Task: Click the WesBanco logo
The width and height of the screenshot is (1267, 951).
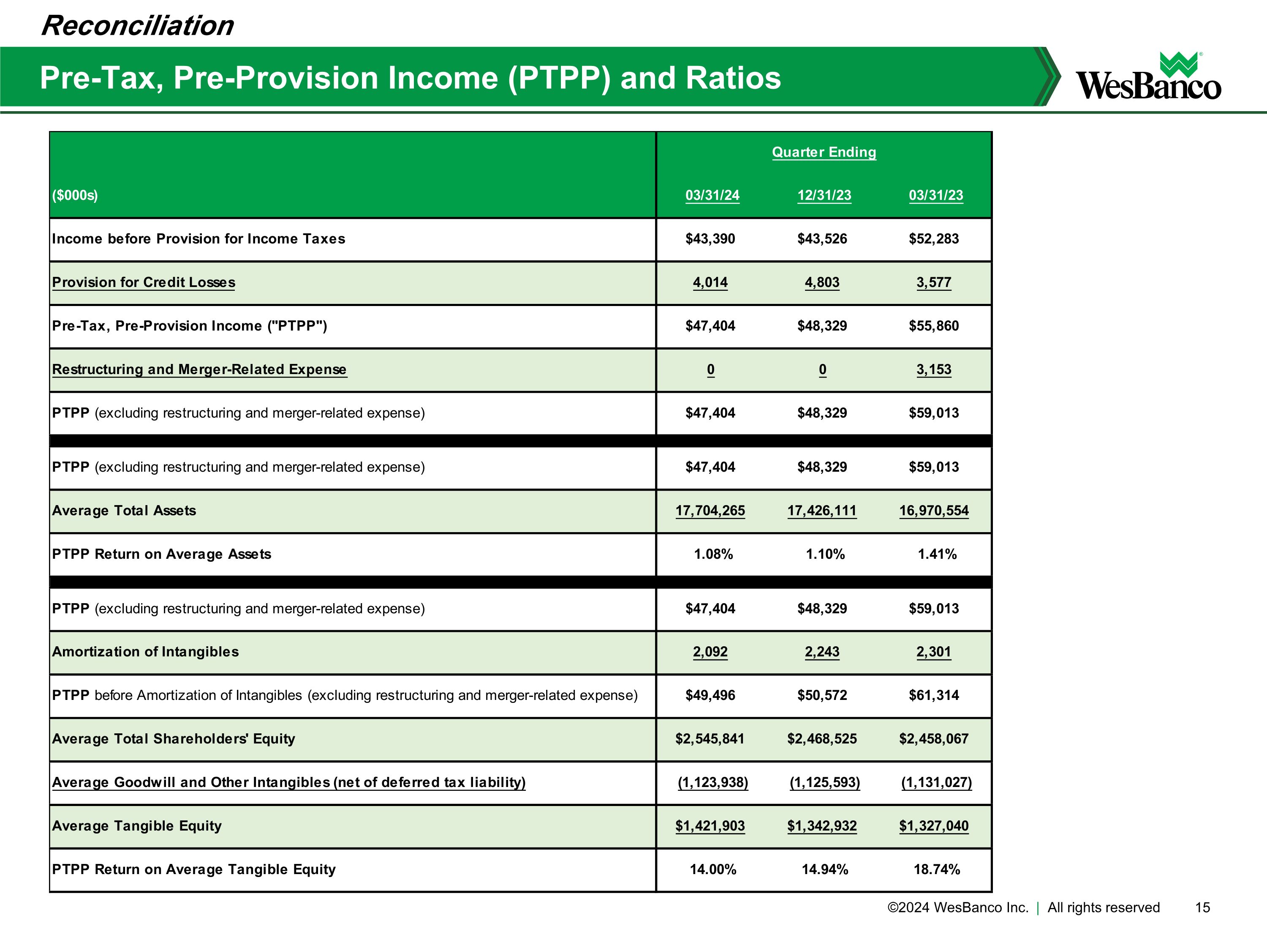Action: (1148, 77)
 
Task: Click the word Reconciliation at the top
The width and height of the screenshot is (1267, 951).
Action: (137, 26)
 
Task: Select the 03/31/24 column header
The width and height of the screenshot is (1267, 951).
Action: (712, 195)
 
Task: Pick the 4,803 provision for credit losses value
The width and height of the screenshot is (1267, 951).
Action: (821, 283)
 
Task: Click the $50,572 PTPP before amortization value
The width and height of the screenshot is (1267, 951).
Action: (821, 695)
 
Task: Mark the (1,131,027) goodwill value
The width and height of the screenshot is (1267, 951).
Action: (936, 782)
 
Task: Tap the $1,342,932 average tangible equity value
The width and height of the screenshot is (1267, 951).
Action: (821, 826)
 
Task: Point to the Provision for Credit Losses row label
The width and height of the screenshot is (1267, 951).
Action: (143, 283)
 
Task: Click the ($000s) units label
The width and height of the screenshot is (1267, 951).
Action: (75, 195)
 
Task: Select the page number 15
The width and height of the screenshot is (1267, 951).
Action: (1202, 907)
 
